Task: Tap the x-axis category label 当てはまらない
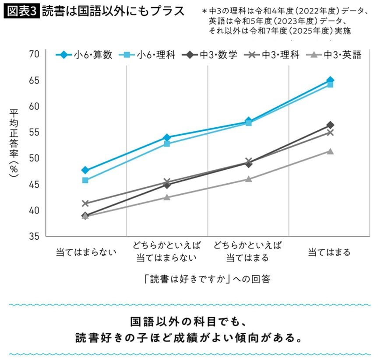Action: (x=86, y=252)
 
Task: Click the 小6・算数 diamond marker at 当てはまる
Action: (x=330, y=80)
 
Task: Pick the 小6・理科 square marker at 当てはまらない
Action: (x=85, y=180)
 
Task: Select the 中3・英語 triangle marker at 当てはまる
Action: (x=330, y=151)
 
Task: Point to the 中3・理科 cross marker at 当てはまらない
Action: (x=85, y=203)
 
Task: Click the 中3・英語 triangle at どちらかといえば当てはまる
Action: (x=249, y=179)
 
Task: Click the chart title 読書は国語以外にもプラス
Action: (x=113, y=11)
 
